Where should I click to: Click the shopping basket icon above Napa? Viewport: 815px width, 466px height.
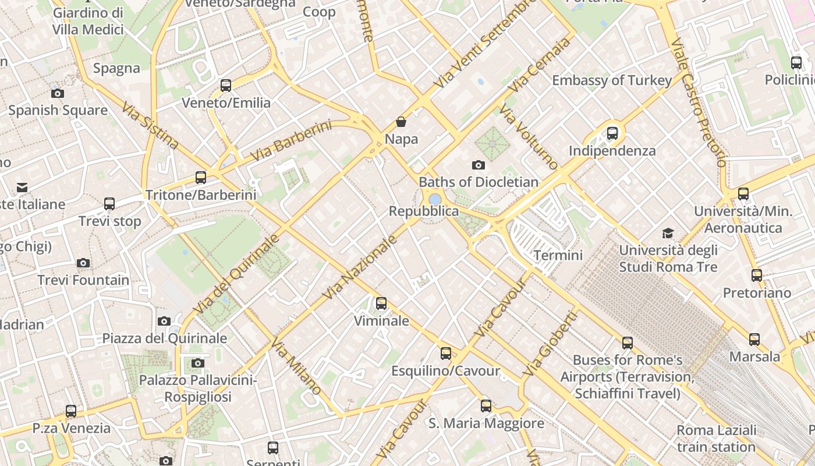point(401,122)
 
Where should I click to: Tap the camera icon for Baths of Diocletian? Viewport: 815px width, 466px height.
point(479,165)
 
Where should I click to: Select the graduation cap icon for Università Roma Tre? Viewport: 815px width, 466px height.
point(668,234)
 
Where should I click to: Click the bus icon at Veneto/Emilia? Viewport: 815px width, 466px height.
point(226,86)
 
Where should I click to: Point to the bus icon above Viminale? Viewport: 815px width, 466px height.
point(381,303)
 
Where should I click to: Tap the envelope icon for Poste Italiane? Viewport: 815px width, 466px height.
point(22,187)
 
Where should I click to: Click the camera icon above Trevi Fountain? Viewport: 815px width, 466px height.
point(83,263)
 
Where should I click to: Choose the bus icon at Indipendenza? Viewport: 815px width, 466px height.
point(612,133)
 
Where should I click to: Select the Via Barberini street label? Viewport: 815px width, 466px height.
point(291,140)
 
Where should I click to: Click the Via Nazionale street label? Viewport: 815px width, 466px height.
point(360,267)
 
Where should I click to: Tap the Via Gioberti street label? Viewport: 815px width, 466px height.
point(550,343)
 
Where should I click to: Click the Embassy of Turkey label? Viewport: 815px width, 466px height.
point(612,80)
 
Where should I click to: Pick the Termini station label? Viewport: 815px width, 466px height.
point(558,255)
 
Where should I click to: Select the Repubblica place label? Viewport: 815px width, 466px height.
point(424,211)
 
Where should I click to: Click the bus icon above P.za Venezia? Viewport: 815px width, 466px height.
point(71,411)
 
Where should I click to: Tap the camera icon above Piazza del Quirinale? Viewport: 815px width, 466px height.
point(164,321)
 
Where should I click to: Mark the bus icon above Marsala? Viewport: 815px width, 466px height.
point(754,339)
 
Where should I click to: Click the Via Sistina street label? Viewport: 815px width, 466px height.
point(150,125)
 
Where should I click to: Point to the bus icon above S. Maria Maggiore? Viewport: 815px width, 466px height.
point(486,406)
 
